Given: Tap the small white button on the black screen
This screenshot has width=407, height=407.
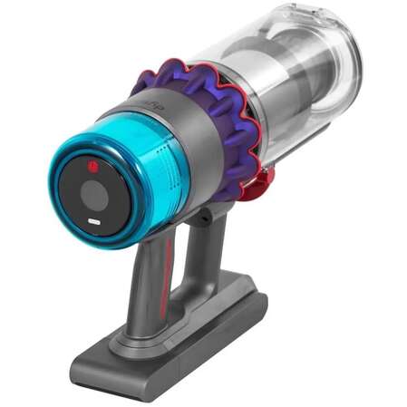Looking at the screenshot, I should (x=95, y=222).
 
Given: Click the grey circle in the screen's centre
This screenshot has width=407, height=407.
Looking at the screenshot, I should (x=95, y=193).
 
